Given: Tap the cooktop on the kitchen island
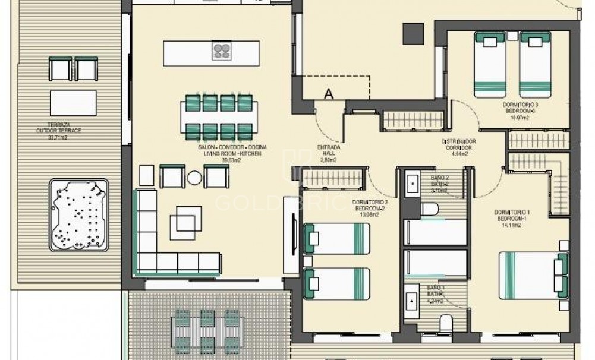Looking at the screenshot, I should pyautogui.click(x=221, y=52).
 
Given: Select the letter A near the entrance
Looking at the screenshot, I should pyautogui.click(x=328, y=93).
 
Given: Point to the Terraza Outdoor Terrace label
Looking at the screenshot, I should pyautogui.click(x=58, y=131).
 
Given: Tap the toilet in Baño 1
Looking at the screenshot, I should pyautogui.click(x=444, y=323).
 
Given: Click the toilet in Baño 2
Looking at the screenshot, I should pyautogui.click(x=429, y=208).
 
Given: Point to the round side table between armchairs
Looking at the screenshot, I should pyautogui.click(x=194, y=177).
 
